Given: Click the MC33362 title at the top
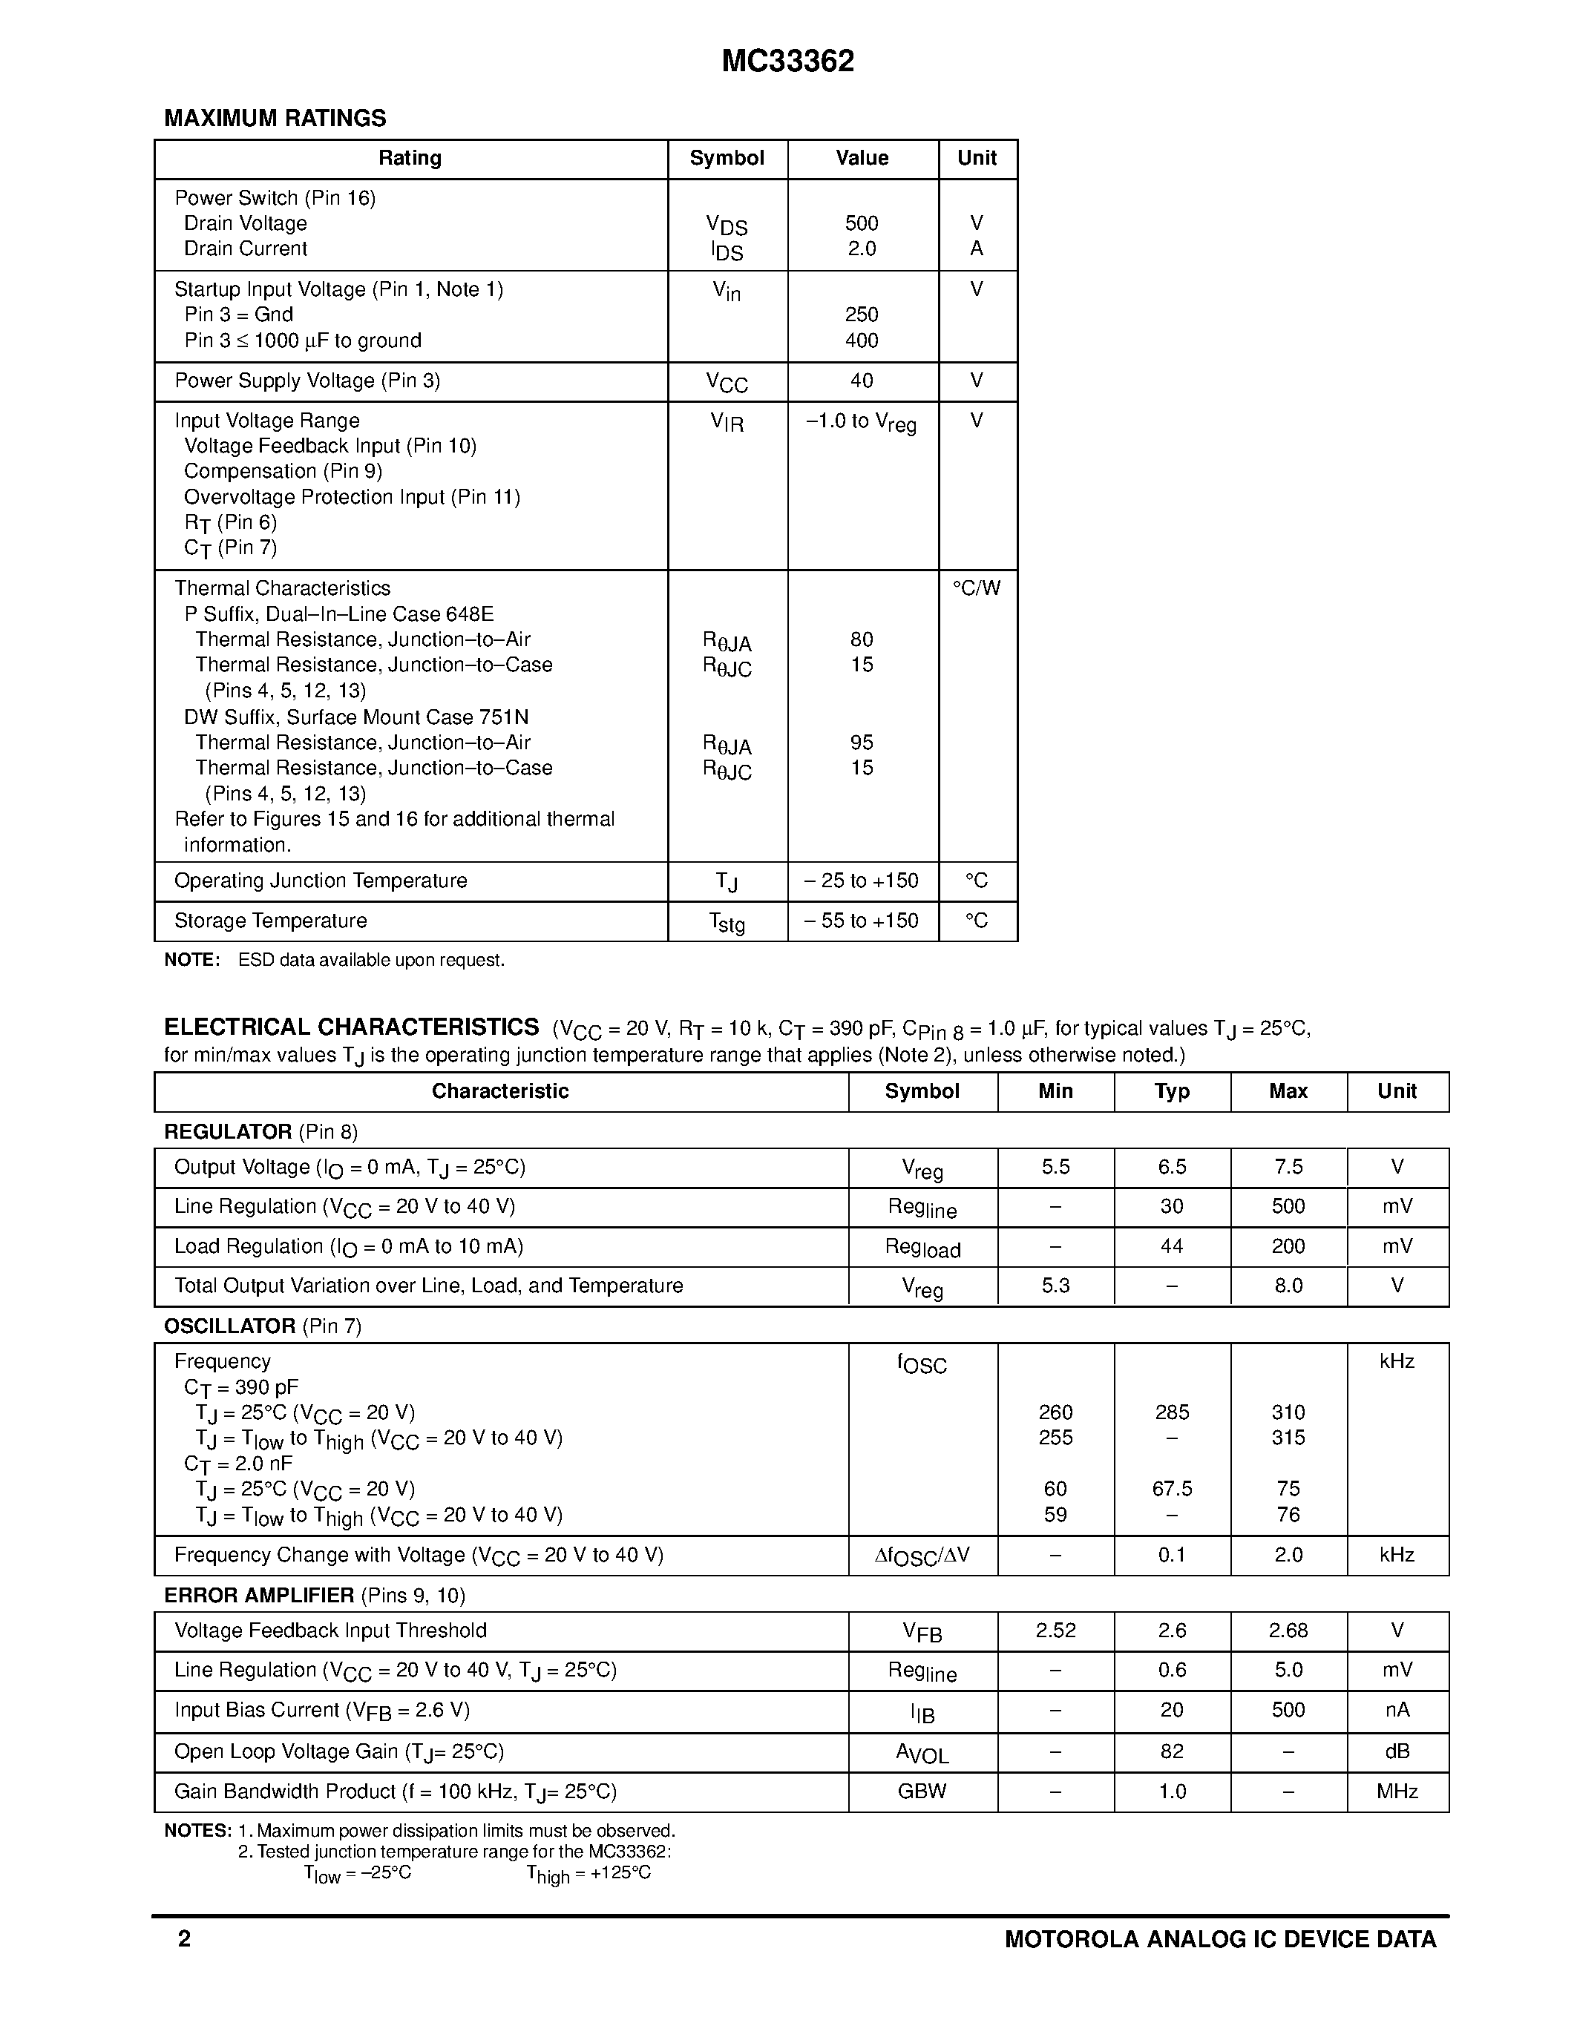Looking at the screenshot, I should click(x=787, y=62).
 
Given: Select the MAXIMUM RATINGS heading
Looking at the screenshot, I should click(x=275, y=119).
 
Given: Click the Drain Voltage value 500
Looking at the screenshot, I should click(x=862, y=223).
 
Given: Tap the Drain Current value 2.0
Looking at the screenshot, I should click(x=862, y=249).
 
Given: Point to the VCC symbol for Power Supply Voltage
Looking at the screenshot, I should click(x=727, y=382).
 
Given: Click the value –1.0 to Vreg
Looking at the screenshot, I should click(x=860, y=422).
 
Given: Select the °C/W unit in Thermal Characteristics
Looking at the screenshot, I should click(x=977, y=588).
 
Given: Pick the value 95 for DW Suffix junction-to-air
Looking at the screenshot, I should click(x=862, y=743).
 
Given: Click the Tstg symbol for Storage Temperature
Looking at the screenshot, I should click(x=727, y=923).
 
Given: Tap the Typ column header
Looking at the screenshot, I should click(x=1172, y=1091).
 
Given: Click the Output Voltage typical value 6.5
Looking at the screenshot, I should click(x=1172, y=1168).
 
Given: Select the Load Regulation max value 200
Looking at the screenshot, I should click(x=1288, y=1246).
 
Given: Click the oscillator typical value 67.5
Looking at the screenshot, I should click(x=1172, y=1489).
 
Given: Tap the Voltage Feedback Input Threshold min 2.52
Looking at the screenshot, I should click(x=1056, y=1631).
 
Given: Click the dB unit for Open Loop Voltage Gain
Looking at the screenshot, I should click(x=1397, y=1751).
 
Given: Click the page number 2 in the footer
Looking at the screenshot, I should click(x=184, y=1939).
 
